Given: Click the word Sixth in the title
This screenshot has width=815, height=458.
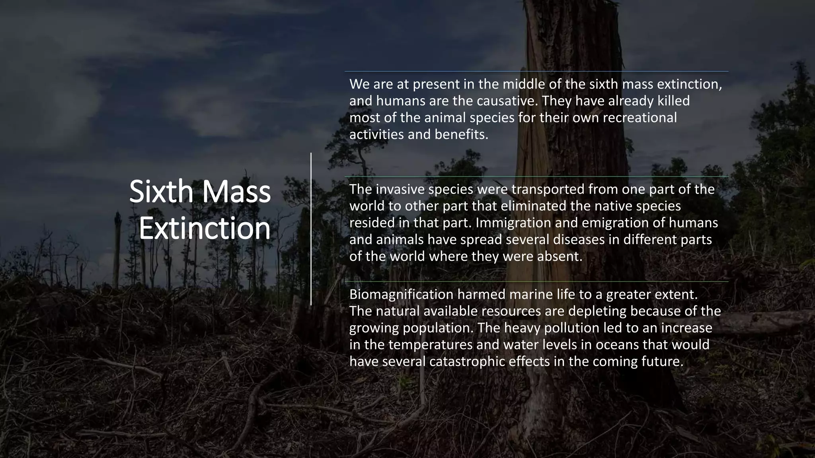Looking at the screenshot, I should (x=161, y=192).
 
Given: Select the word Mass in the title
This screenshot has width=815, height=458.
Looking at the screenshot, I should (x=236, y=192).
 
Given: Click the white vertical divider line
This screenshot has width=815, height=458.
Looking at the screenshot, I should (x=311, y=229).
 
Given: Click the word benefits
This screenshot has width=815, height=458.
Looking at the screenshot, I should (x=461, y=134).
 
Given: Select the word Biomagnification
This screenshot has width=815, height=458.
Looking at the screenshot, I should (x=401, y=294).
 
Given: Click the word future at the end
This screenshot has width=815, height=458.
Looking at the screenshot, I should (x=662, y=361).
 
